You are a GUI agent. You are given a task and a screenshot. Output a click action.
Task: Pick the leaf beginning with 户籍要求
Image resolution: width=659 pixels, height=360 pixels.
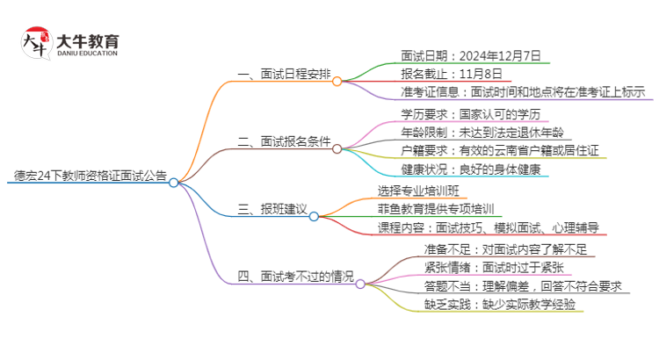(x=499, y=150)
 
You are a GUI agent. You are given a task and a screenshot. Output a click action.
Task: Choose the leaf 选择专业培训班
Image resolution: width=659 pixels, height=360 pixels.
(x=417, y=191)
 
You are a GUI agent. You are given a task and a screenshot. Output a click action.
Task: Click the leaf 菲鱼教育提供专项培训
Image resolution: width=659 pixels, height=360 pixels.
(x=435, y=209)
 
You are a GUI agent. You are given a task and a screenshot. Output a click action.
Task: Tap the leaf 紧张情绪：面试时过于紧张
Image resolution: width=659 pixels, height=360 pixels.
(x=494, y=267)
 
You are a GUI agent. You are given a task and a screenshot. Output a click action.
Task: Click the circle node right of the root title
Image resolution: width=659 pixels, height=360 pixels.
(x=174, y=183)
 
